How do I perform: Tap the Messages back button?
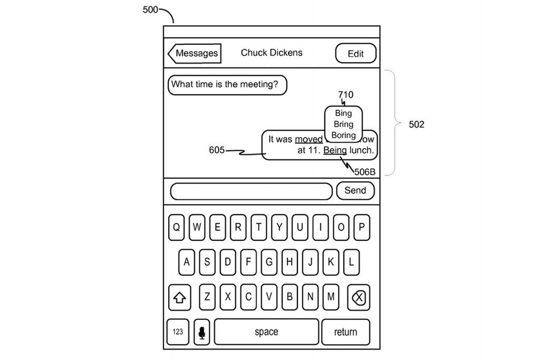194,53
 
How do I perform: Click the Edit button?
356,54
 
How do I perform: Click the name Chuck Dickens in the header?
272,53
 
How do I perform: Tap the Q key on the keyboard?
177,227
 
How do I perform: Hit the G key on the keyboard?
269,262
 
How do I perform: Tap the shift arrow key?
179,298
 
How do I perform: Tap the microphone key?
201,332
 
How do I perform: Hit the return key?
345,332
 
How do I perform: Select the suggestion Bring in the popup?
343,124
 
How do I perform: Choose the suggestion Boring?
343,135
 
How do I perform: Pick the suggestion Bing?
343,113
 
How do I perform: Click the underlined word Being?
335,150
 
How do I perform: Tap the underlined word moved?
308,139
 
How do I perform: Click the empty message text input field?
252,191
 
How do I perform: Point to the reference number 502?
417,125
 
